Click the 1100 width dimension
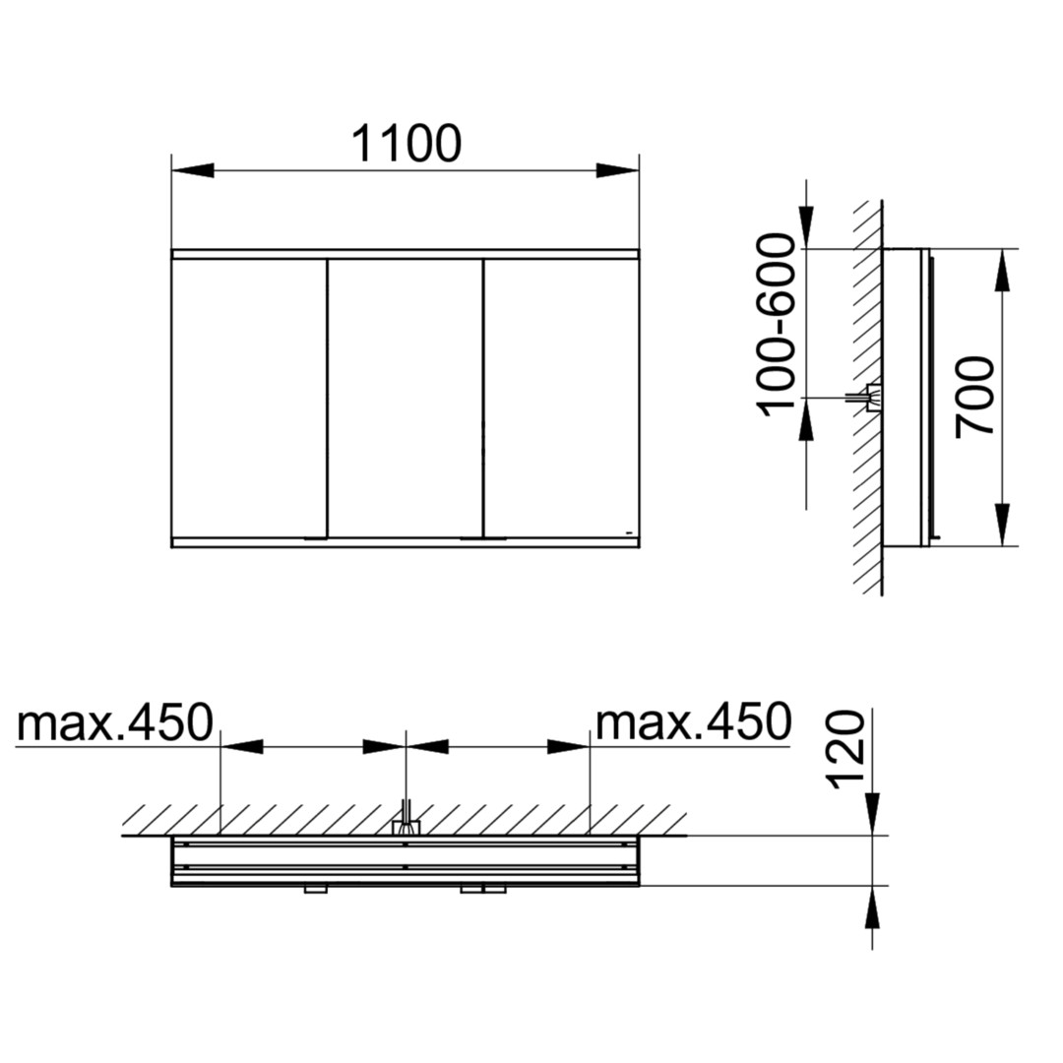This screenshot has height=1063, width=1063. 406,144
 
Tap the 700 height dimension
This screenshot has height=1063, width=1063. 974,398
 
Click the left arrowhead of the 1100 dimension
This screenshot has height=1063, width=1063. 193,170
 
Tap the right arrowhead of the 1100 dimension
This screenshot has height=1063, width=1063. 617,170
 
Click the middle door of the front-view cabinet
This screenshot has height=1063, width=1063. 406,399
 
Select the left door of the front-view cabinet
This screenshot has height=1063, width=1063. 249,399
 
